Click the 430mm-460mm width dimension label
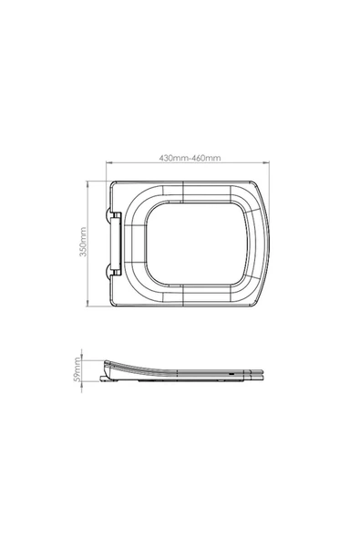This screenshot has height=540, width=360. [190, 158]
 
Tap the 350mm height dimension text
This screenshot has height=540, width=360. [83, 242]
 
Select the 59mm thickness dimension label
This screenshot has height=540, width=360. [77, 369]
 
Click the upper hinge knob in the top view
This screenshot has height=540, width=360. [108, 214]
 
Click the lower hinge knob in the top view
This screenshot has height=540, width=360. [108, 270]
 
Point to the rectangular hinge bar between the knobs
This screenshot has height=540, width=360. [117, 244]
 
